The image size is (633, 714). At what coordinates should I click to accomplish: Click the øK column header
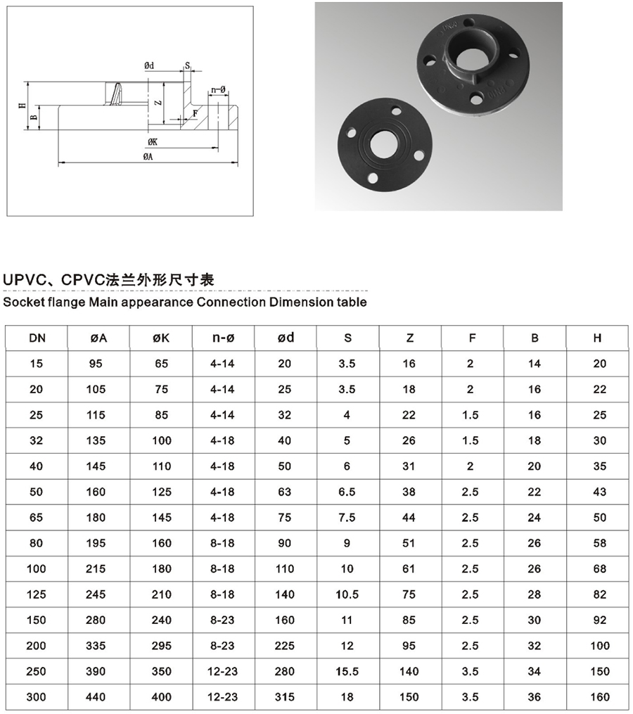coord(161,338)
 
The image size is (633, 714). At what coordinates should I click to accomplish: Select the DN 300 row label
coord(36,697)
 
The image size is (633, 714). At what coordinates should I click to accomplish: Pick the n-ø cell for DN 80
coord(222,543)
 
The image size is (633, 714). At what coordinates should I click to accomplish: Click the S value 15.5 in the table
coord(347,672)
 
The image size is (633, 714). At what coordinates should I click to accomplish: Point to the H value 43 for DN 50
coord(599,492)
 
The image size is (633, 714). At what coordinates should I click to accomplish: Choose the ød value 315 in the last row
coord(285,697)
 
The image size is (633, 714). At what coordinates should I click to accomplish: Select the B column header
coord(535,338)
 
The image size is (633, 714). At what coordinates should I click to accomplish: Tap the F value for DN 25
coord(471,415)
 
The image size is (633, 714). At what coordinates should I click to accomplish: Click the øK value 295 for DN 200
coord(161,646)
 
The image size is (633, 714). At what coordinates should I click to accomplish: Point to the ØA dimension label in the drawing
coord(148,157)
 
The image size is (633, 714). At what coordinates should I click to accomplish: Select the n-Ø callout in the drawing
coord(217,89)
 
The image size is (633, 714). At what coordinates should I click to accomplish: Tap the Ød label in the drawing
coord(149,65)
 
